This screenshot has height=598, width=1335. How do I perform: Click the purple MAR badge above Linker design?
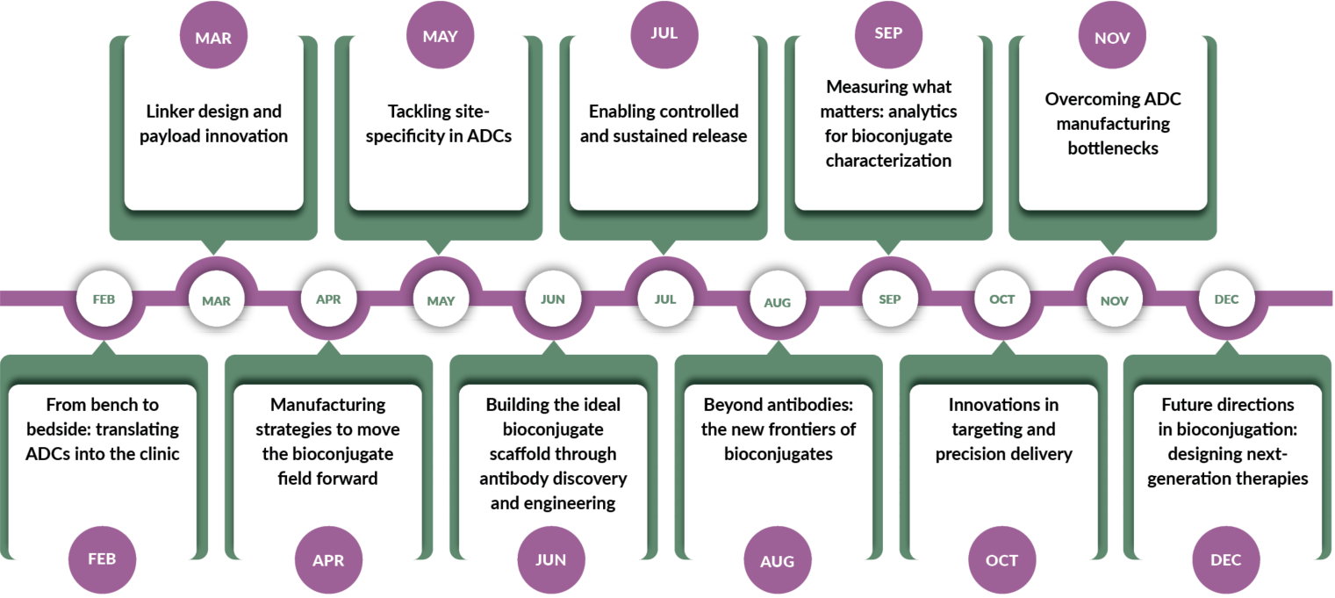pyautogui.click(x=212, y=38)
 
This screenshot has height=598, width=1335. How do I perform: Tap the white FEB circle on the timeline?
pyautogui.click(x=104, y=298)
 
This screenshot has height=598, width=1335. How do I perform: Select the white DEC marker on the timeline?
pyautogui.click(x=1226, y=299)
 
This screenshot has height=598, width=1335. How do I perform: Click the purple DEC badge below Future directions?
pyautogui.click(x=1226, y=559)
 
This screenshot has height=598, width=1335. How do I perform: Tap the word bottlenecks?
pyautogui.click(x=1113, y=148)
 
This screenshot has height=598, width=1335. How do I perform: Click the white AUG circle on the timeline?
pyautogui.click(x=777, y=301)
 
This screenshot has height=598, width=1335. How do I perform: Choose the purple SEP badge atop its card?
pyautogui.click(x=889, y=34)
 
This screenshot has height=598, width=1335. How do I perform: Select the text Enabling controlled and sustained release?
pyautogui.click(x=664, y=124)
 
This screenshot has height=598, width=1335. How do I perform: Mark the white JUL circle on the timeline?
pyautogui.click(x=665, y=299)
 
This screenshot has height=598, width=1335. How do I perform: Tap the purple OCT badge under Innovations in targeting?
pyautogui.click(x=1002, y=560)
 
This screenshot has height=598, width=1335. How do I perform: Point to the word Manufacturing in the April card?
pyautogui.click(x=327, y=405)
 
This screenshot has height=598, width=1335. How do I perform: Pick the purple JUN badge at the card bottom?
pyautogui.click(x=552, y=560)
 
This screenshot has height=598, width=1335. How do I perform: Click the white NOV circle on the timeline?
pyautogui.click(x=1114, y=300)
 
